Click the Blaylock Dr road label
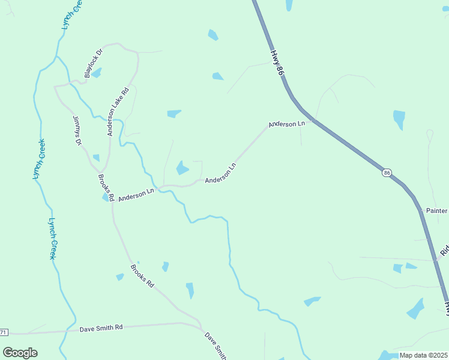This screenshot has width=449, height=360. pos(94,64)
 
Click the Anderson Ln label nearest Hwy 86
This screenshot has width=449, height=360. pos(287,124)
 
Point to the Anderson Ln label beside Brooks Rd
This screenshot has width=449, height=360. pos(136,195)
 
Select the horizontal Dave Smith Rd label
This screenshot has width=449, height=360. pos(101,328)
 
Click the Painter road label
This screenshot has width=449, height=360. pos(436,211)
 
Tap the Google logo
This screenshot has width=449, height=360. pos(20,352)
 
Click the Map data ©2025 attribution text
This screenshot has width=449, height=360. pos(423,355)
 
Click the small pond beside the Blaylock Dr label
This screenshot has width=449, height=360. pos(96,73)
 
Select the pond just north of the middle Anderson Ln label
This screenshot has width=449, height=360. pos(182,168)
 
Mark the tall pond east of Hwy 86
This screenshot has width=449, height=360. pos(399,119)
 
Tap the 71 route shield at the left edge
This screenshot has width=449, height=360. pos(4,332)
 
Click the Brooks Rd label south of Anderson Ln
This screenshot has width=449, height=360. pos(142,275)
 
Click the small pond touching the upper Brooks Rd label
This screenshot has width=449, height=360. pos(106,197)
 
